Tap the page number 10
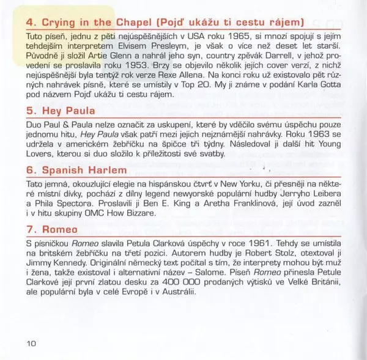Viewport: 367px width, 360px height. [32, 343]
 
